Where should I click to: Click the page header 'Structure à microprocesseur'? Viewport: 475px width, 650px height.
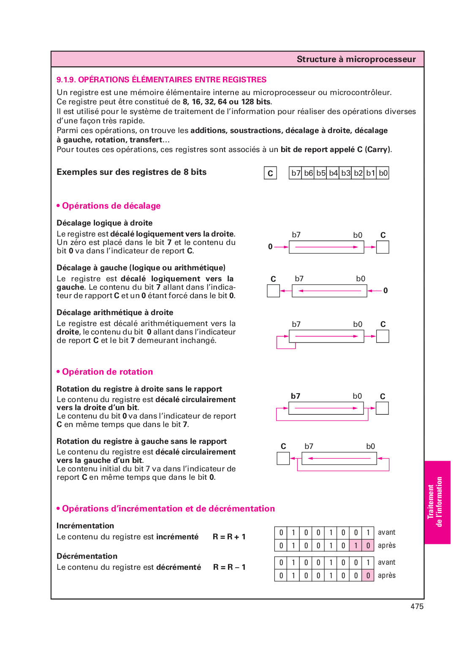356,59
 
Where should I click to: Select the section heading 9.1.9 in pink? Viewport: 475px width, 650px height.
161,80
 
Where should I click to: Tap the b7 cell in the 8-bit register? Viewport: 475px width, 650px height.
296,173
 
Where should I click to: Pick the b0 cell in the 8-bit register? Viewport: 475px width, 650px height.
383,173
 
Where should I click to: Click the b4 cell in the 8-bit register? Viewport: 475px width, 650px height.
333,173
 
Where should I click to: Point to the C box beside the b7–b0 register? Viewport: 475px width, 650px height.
270,173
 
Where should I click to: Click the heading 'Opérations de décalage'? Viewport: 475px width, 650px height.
111,206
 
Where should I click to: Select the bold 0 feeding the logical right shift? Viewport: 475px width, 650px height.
270,247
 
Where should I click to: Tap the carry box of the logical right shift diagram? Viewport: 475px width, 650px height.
383,247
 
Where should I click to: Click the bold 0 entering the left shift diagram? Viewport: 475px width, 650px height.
385,291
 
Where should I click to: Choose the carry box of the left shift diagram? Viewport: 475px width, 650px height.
273,291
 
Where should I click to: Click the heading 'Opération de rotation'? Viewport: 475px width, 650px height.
107,372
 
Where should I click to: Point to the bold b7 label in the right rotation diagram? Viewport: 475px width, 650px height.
296,396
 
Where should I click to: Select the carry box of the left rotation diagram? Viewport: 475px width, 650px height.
283,458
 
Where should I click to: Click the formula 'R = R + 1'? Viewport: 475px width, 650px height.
229,537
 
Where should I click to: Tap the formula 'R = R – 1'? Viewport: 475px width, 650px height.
229,567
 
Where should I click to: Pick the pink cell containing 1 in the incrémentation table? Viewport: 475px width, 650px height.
356,546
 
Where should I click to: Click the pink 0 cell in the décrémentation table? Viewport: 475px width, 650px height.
368,576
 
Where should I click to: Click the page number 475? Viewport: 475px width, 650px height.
417,606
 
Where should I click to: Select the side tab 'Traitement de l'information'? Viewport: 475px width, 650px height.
437,502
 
